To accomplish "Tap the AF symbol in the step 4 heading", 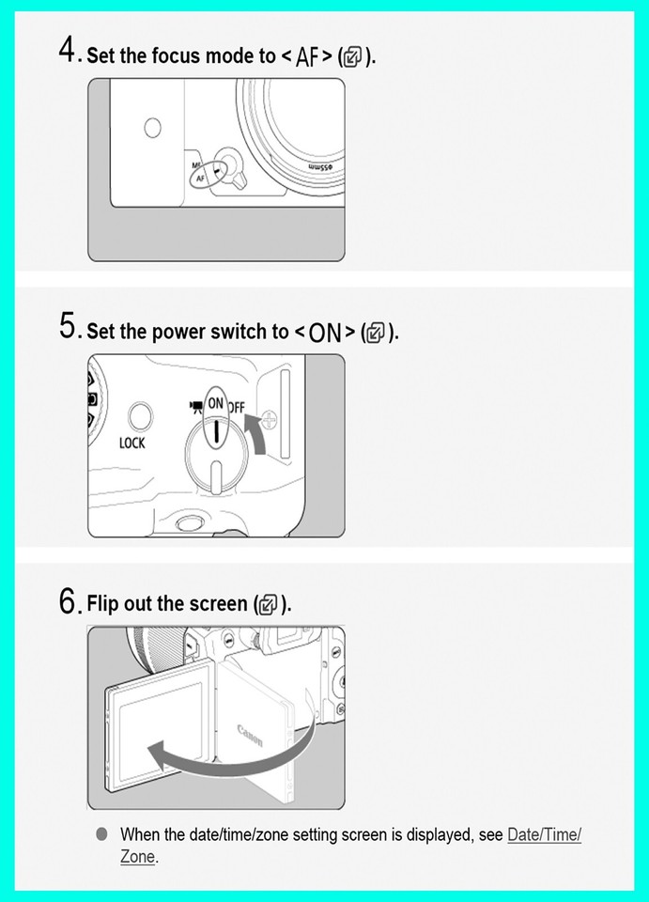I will [307, 56].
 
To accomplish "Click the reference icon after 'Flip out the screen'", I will [270, 605].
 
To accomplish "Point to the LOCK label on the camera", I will [132, 443].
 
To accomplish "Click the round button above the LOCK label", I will [140, 413].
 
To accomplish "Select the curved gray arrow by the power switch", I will [256, 438].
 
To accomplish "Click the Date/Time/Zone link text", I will [544, 834].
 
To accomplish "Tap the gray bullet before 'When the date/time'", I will [101, 834].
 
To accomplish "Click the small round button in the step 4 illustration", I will [152, 128].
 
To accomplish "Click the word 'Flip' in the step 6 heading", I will [103, 603].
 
